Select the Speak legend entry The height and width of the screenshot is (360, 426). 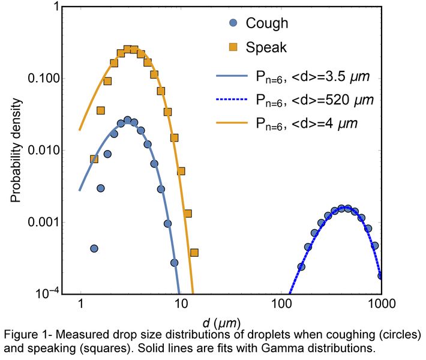pos(259,46)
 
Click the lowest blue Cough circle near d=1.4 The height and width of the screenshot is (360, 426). pos(94,248)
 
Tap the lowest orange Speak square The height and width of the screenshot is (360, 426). pos(194,253)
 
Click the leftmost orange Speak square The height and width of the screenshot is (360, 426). pos(94,159)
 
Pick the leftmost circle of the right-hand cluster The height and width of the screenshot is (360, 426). pos(301,266)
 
